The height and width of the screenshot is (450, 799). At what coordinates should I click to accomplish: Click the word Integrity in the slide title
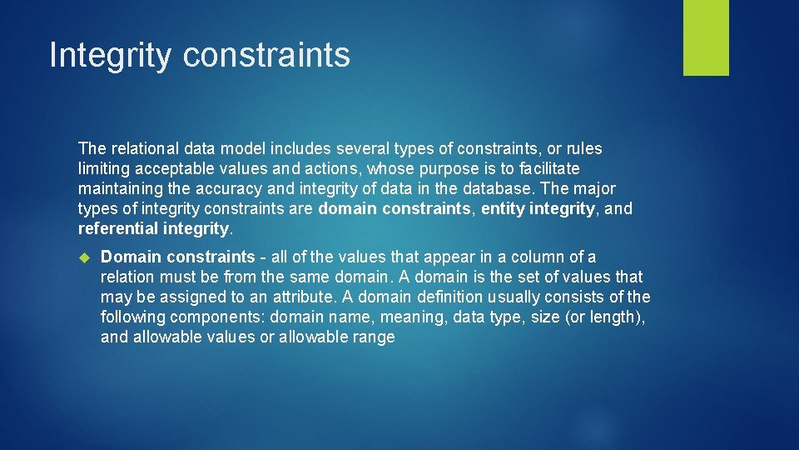pos(110,55)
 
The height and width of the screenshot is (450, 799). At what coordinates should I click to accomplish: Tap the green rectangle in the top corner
pos(706,37)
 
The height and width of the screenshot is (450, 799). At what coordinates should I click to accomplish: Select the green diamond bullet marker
pos(85,257)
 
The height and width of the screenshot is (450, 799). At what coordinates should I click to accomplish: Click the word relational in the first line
pos(145,148)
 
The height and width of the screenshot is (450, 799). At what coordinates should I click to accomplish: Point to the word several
pos(363,148)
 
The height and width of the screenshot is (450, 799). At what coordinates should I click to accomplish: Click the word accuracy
pos(229,189)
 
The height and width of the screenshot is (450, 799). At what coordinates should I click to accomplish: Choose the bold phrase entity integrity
pos(538,208)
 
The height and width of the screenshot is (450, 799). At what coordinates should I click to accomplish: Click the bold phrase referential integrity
pos(153,228)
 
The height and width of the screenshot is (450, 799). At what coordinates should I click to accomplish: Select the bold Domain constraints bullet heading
pos(178,256)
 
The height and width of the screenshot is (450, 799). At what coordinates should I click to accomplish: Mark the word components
pos(217,317)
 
